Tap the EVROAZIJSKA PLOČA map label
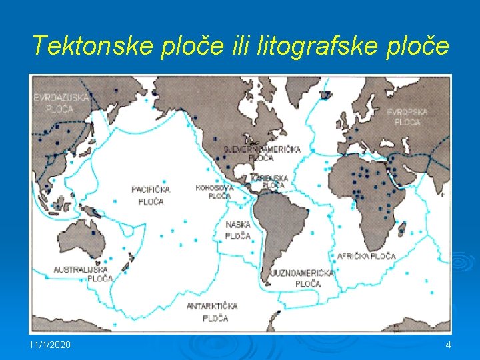click(x=61, y=103)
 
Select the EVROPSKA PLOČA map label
click(x=407, y=117)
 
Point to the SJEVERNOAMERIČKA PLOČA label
click(x=261, y=153)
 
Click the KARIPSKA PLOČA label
click(x=268, y=181)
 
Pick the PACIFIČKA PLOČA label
click(x=151, y=195)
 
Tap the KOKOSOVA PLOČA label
click(x=215, y=192)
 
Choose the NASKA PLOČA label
click(x=237, y=230)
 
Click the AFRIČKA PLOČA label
click(x=367, y=256)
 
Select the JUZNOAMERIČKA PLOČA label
click(x=302, y=278)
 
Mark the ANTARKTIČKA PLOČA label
click(x=212, y=312)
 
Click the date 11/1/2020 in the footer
click(x=50, y=344)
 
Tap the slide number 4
click(x=448, y=344)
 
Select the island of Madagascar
click(x=402, y=229)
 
